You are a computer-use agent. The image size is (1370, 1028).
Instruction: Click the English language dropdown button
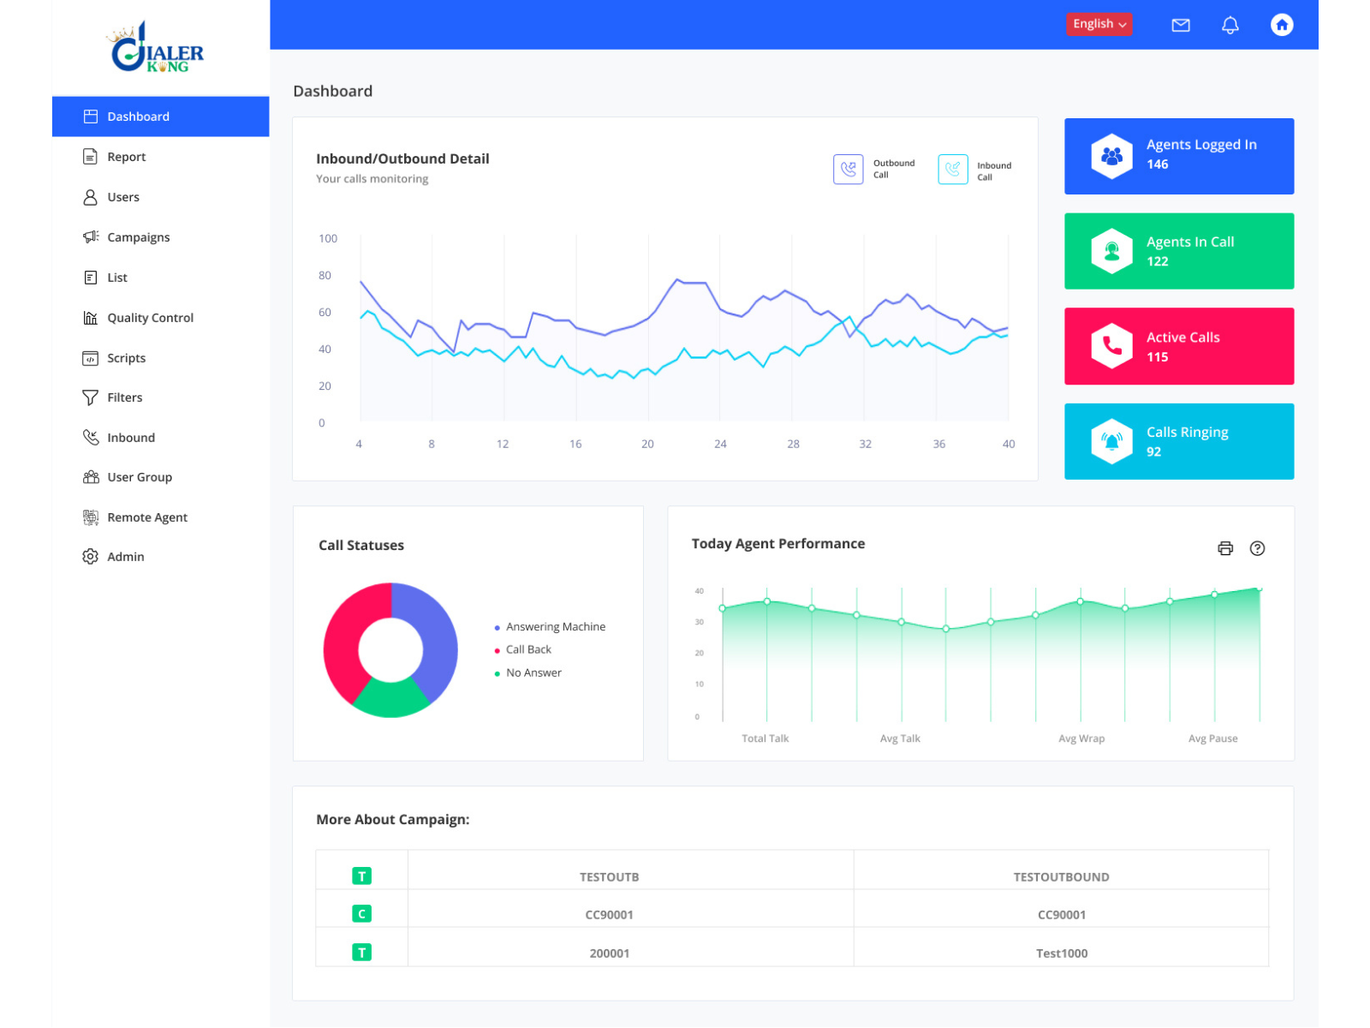point(1099,24)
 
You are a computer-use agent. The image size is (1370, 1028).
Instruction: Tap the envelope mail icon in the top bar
point(1180,25)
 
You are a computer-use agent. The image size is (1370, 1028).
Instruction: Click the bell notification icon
point(1230,25)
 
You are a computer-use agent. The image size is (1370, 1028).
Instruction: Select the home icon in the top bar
point(1281,25)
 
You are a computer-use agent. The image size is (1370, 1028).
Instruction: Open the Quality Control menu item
point(150,318)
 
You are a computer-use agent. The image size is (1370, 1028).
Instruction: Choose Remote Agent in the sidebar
point(146,517)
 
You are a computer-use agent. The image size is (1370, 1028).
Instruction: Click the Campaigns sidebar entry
point(138,237)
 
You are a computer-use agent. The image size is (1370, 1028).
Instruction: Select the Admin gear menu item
point(125,557)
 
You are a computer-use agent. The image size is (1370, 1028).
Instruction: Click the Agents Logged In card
point(1178,156)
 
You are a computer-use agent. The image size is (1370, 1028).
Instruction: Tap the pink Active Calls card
point(1178,346)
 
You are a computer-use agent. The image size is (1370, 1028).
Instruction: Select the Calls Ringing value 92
point(1153,452)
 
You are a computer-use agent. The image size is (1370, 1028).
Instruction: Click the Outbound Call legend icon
point(848,170)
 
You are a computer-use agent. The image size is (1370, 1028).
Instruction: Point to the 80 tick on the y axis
point(325,276)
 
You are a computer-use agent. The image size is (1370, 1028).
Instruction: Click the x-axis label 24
point(720,445)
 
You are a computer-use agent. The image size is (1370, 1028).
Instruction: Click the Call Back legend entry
point(527,650)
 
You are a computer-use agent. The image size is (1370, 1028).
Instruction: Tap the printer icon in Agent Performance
point(1224,548)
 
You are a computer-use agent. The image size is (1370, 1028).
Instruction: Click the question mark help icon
point(1256,548)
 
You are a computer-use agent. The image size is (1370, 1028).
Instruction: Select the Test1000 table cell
point(1061,953)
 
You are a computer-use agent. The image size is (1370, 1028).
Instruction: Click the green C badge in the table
point(361,914)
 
